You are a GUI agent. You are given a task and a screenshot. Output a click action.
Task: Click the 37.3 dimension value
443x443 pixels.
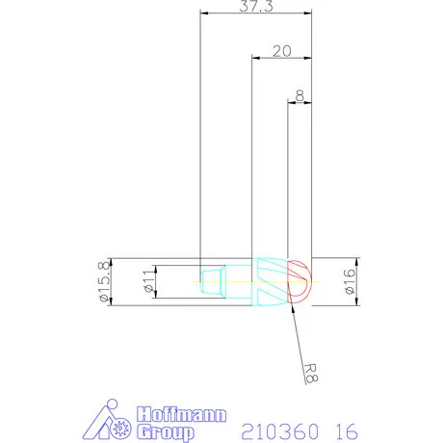[255, 7]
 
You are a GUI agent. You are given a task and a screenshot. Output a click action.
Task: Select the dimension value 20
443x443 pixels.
[282, 51]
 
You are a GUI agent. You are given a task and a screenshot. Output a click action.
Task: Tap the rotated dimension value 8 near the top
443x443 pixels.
[300, 95]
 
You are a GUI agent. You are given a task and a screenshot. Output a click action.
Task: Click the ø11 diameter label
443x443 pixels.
[147, 282]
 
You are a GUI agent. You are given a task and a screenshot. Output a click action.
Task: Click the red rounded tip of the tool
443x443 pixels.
[300, 282]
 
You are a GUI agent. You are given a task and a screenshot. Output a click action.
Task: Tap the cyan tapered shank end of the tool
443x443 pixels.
[214, 283]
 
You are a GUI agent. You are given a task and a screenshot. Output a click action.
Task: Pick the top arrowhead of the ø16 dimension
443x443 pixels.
[356, 262]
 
